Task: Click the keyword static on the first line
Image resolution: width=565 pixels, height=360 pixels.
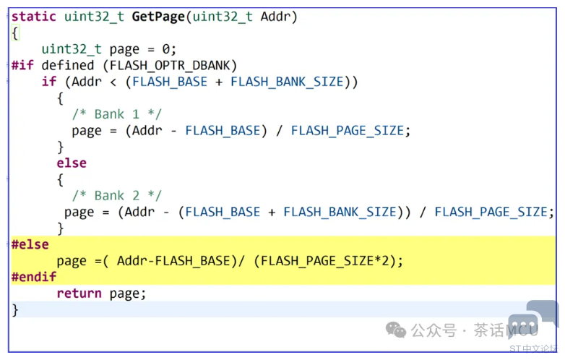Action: coord(34,16)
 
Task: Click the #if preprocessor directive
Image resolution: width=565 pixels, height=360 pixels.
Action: coord(22,65)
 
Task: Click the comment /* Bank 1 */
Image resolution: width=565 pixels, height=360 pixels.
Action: coord(117,114)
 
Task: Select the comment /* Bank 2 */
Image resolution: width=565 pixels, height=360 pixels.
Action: coord(117,195)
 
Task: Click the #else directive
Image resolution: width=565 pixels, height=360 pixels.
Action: coord(30,244)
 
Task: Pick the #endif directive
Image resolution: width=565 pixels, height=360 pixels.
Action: coord(34,277)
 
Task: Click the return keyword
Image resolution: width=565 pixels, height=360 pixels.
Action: coord(79,293)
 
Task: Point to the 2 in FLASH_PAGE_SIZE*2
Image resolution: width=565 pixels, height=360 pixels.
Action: coord(389,261)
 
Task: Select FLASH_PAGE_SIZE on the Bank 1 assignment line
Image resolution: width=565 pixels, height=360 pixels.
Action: coord(347,131)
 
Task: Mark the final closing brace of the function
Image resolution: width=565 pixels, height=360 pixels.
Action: coord(15,310)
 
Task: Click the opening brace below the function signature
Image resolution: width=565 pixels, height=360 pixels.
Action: coord(15,33)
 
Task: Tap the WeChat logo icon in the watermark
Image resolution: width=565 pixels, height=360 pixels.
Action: coord(396,330)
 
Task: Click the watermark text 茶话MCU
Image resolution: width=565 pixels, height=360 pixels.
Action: coord(506,331)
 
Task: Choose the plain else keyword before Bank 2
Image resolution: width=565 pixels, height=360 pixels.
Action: coord(72,163)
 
